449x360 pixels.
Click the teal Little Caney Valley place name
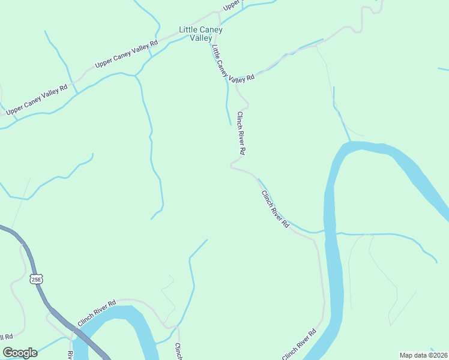(201, 34)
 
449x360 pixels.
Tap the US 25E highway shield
(36, 279)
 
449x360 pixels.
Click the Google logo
(19, 353)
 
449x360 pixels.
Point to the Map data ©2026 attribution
(423, 355)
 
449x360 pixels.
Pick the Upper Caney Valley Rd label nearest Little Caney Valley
(125, 54)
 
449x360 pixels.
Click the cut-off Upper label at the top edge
(231, 5)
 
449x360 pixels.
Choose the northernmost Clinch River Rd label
(242, 133)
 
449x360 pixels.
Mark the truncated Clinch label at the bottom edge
(178, 352)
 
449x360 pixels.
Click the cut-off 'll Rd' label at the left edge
(6, 337)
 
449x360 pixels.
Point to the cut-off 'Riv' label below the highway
(70, 355)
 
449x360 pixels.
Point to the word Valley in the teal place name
(201, 38)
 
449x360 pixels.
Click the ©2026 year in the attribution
(436, 355)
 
